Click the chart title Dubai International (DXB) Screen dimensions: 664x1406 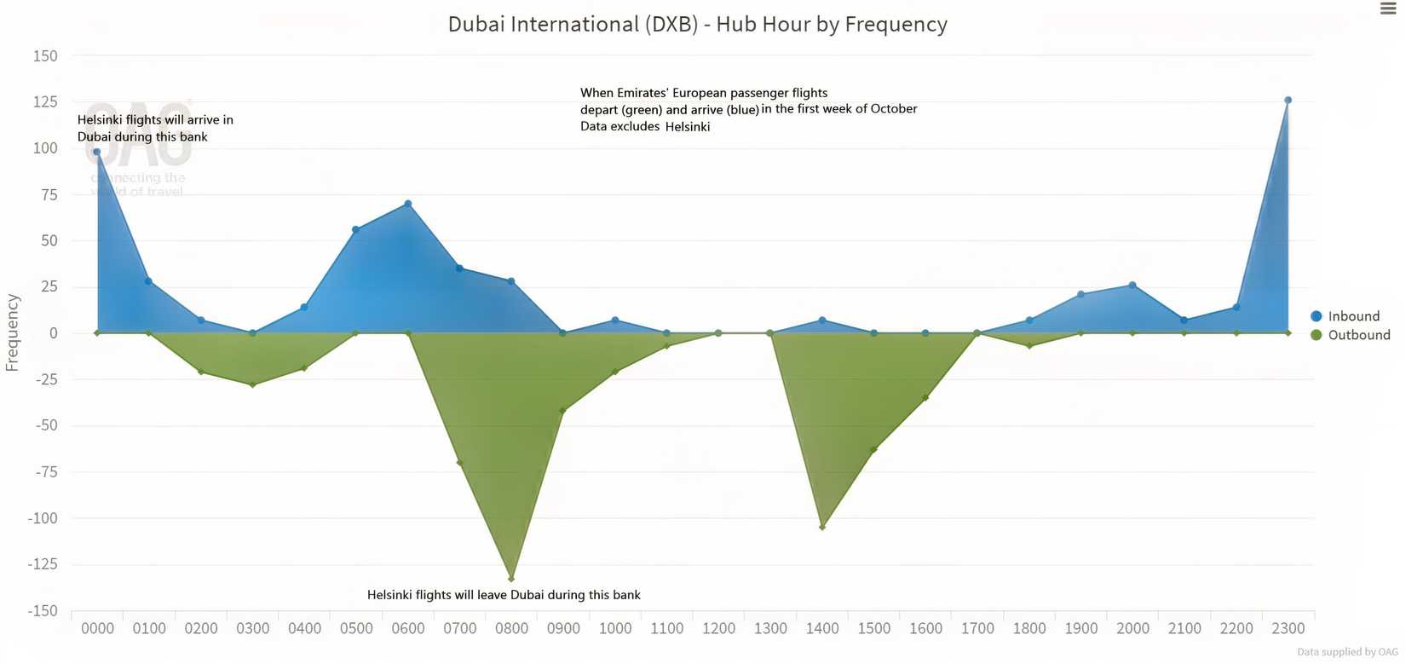point(697,24)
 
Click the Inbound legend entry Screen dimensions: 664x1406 point(1352,316)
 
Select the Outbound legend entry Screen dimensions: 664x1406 point(1357,335)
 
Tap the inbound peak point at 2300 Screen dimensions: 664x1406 point(1288,101)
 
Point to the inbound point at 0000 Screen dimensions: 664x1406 point(97,153)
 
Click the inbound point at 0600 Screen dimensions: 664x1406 point(408,204)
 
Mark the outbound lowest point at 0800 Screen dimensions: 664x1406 point(511,579)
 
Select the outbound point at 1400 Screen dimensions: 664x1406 point(822,528)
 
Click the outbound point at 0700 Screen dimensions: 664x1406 point(460,463)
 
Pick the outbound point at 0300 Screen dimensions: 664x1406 point(252,385)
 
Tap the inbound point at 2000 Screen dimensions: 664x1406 point(1132,285)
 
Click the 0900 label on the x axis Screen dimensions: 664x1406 point(563,629)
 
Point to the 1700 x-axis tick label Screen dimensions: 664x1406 point(977,629)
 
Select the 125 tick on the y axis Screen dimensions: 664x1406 point(45,102)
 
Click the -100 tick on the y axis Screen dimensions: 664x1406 point(43,518)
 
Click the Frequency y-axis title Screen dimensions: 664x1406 point(13,332)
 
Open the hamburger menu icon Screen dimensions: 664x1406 point(1388,9)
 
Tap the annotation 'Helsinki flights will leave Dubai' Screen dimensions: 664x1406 point(504,595)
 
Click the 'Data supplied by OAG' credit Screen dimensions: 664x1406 point(1347,652)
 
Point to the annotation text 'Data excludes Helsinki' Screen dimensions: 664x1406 point(645,126)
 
